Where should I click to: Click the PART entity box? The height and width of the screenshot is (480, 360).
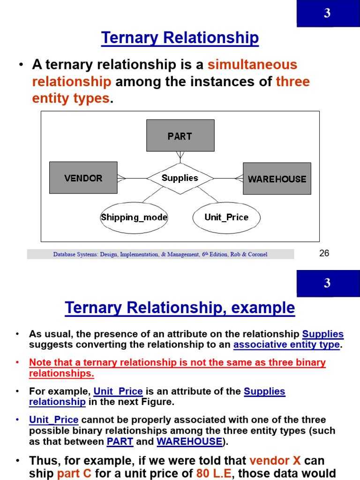click(x=180, y=135)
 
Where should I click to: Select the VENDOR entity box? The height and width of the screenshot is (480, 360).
click(x=83, y=178)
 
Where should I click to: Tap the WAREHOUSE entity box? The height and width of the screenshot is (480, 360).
click(x=277, y=179)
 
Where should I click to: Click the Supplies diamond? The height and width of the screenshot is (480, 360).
click(x=180, y=178)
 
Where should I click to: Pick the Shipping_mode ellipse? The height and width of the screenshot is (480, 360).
click(x=134, y=217)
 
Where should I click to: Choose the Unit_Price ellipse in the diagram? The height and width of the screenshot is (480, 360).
click(x=226, y=217)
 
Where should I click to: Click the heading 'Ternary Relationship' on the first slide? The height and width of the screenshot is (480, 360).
click(x=180, y=38)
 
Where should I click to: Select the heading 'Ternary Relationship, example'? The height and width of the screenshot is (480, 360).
click(x=180, y=308)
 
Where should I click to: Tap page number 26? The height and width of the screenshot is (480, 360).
click(x=324, y=254)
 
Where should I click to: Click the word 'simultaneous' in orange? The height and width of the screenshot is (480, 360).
click(x=253, y=65)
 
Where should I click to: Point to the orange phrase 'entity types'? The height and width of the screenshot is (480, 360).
click(x=71, y=98)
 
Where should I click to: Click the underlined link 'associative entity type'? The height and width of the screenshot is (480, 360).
click(x=286, y=345)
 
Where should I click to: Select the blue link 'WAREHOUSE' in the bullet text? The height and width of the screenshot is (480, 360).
click(x=189, y=441)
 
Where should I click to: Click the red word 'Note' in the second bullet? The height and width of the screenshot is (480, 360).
click(x=39, y=363)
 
